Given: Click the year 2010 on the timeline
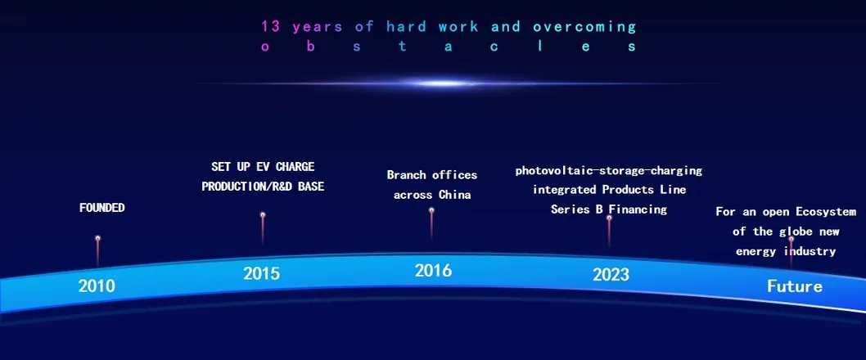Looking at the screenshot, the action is (x=97, y=286).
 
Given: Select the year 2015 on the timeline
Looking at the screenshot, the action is (x=262, y=273).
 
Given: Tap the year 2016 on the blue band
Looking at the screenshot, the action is (x=433, y=271).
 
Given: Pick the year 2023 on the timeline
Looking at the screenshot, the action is (x=611, y=274).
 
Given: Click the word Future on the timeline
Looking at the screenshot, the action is (x=794, y=286).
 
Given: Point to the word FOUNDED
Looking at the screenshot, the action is (x=102, y=208).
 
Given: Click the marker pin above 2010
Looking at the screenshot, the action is (x=97, y=252).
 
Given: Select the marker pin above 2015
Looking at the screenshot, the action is (x=263, y=228).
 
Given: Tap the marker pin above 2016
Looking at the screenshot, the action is (x=431, y=223).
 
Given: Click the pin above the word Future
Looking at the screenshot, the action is (x=791, y=253).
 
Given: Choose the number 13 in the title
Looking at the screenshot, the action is (x=271, y=26).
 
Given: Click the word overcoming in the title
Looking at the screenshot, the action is (x=585, y=27).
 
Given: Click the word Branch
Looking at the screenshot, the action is (x=407, y=175).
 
